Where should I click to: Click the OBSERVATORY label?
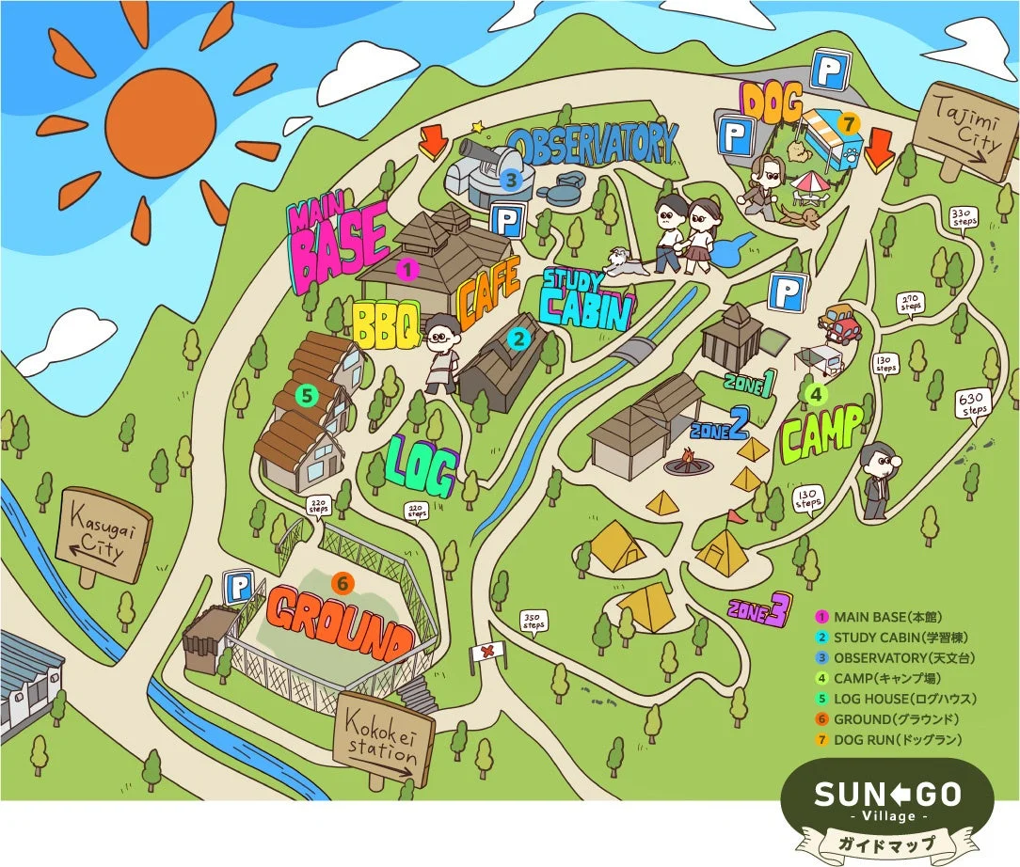click(x=593, y=144)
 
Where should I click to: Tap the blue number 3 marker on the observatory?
click(x=510, y=179)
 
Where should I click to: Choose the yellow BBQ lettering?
click(x=385, y=324)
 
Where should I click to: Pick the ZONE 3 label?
click(x=757, y=609)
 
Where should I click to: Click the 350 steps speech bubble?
click(x=534, y=622)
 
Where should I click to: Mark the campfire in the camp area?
click(x=684, y=462)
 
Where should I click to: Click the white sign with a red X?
click(x=486, y=653)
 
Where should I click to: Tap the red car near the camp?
click(x=839, y=323)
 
